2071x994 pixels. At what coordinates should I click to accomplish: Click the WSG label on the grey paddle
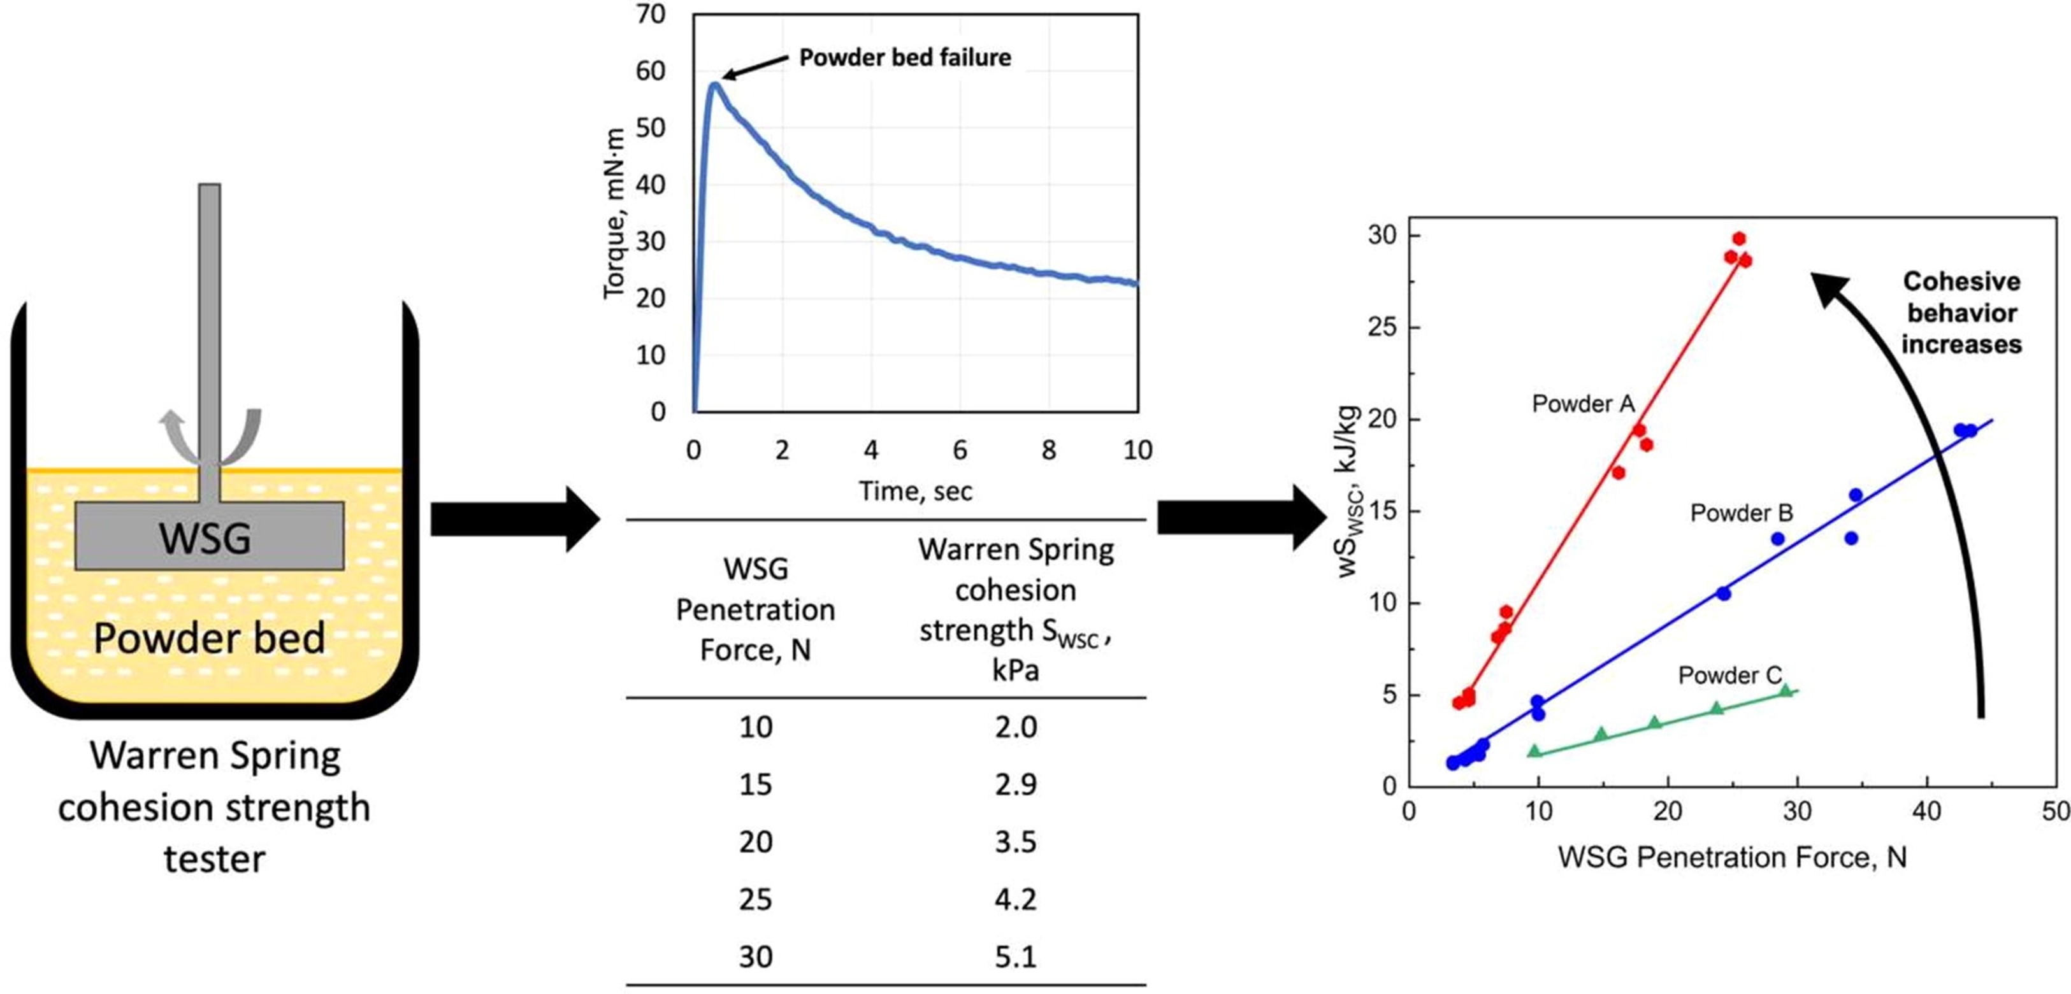tap(205, 537)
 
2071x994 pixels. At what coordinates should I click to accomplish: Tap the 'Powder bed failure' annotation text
tap(904, 58)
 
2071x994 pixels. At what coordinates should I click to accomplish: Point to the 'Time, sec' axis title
tap(915, 491)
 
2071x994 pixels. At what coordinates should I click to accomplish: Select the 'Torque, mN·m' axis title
tap(614, 213)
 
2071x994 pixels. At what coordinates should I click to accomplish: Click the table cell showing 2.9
tap(1015, 785)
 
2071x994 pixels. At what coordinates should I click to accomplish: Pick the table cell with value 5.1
tap(1015, 956)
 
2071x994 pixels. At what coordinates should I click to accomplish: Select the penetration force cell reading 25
tap(756, 899)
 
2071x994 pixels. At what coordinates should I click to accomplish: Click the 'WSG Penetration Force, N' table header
tap(755, 609)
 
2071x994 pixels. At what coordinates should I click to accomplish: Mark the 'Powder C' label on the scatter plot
tap(1729, 675)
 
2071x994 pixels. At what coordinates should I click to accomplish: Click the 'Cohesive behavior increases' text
tap(1961, 313)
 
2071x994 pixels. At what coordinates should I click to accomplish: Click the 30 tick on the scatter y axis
tap(1382, 236)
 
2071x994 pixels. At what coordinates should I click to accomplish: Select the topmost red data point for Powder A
tap(1739, 239)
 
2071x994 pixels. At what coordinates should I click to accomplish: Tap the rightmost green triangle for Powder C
tap(1786, 690)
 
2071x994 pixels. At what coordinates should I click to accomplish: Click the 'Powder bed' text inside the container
tap(209, 638)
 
